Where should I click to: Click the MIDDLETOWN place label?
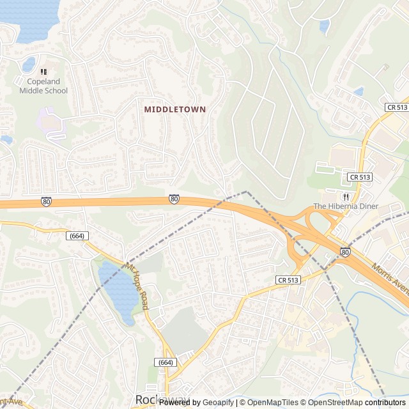coord(174,109)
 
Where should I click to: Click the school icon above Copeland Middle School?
coord(43,72)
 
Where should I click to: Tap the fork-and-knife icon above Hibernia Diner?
coord(346,197)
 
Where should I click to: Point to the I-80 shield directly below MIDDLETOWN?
coord(174,199)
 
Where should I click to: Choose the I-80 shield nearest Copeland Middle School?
coord(46,202)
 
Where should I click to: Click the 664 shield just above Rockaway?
coord(165,362)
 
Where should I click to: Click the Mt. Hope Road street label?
coord(137,287)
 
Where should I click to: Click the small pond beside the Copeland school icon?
coord(29,65)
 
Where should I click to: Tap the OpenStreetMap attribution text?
coord(332,403)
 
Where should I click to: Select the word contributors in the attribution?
coord(385,403)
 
